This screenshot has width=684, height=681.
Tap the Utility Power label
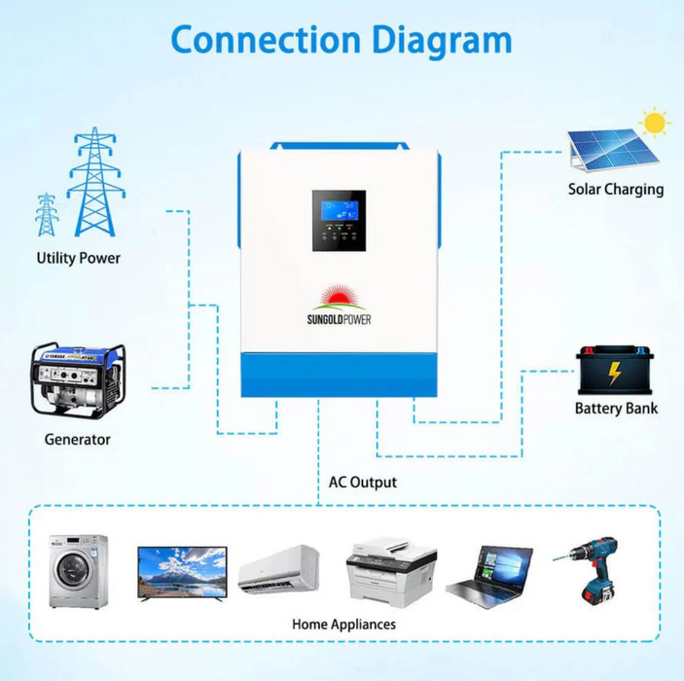click(79, 258)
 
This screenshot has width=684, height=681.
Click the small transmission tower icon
click(46, 215)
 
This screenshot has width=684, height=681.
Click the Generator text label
click(78, 440)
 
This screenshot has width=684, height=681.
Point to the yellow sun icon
click(655, 124)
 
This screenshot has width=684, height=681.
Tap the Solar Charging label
click(616, 190)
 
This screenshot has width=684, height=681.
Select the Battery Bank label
click(616, 409)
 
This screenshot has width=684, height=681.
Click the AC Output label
click(362, 482)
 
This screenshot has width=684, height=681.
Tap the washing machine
click(79, 571)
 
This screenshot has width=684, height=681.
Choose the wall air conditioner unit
click(278, 568)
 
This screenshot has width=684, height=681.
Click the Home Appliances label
click(343, 624)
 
